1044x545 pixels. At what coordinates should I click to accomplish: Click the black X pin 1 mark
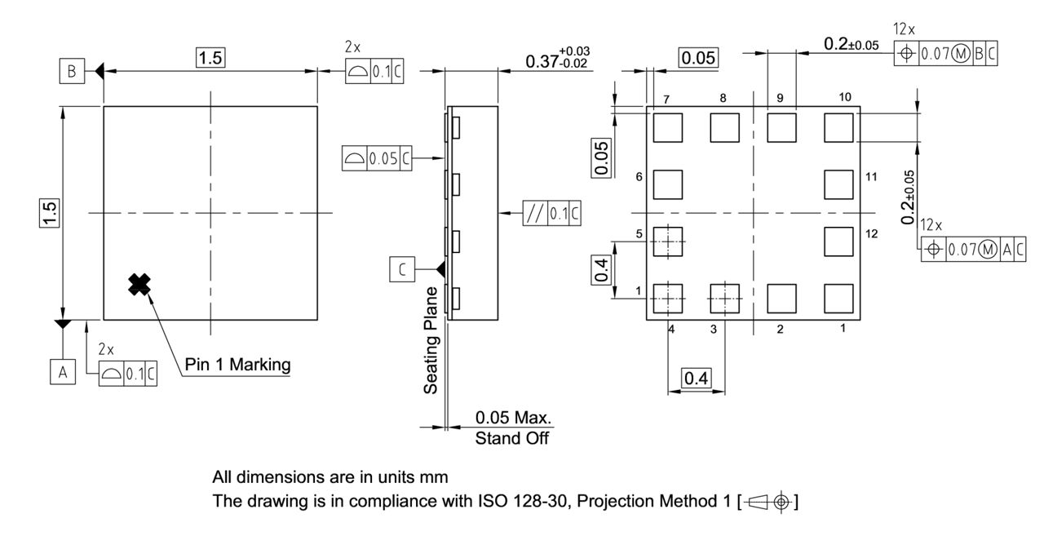(140, 284)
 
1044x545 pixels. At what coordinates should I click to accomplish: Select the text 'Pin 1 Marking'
(237, 365)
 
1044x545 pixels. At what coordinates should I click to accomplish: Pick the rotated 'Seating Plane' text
(431, 339)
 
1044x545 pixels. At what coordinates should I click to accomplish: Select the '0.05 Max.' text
(513, 418)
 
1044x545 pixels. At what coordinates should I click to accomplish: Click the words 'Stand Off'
(513, 439)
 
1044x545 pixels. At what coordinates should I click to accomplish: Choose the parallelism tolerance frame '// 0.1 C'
(552, 214)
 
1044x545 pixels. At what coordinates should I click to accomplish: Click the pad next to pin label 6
(668, 184)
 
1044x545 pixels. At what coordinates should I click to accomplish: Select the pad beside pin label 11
(838, 184)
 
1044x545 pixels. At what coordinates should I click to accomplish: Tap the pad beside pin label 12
(838, 241)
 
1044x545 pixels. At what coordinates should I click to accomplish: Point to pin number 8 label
(723, 98)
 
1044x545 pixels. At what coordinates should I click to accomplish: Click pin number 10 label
(844, 97)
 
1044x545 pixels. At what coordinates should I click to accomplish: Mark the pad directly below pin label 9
(781, 127)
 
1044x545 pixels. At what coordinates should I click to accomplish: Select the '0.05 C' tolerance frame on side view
(377, 159)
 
